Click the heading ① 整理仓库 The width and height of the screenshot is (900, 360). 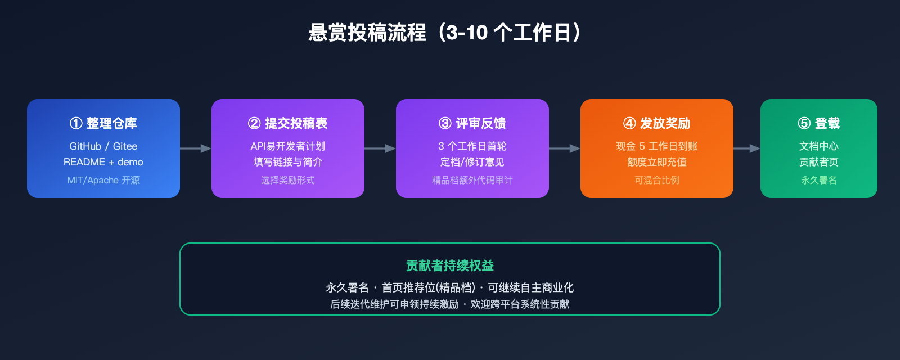point(103,123)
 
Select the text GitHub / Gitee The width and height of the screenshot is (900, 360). point(103,146)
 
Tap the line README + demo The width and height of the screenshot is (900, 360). point(103,162)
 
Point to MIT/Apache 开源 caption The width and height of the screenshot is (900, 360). point(103,180)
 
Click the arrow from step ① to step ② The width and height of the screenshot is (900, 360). point(195,148)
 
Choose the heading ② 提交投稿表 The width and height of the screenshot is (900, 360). point(288,123)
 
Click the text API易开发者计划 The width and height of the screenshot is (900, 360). point(288,146)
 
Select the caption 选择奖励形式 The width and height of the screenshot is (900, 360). point(288,180)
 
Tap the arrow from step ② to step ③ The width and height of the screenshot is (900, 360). point(380,148)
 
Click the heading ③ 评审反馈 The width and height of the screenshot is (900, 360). point(472,123)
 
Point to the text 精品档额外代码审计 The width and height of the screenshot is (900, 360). point(472,180)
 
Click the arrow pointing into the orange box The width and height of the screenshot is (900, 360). point(564,148)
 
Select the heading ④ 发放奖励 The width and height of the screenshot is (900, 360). point(657,123)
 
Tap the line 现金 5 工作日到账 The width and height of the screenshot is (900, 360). point(657,146)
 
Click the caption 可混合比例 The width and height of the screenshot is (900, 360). point(657,180)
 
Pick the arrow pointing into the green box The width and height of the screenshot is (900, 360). point(746,148)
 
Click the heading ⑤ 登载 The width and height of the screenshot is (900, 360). point(819,123)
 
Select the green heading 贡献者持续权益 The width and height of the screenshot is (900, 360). point(450,265)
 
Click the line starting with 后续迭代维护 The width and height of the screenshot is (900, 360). point(450,304)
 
